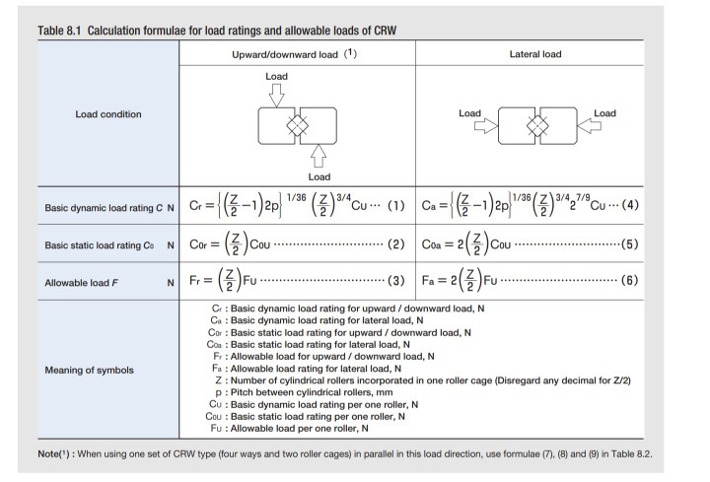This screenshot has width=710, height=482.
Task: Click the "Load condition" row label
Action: pyautogui.click(x=108, y=114)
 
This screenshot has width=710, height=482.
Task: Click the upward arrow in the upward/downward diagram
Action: pyautogui.click(x=319, y=156)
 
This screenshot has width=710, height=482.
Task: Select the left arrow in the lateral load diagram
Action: pyautogui.click(x=485, y=126)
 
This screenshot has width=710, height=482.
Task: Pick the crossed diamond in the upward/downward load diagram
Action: pyautogui.click(x=297, y=126)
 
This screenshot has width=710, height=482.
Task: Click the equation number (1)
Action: pyautogui.click(x=395, y=207)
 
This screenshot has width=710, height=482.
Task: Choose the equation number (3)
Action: pyautogui.click(x=395, y=282)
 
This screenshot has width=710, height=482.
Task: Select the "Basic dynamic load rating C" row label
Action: pyautogui.click(x=104, y=208)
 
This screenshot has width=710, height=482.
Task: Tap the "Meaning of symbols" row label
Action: pyautogui.click(x=92, y=372)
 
